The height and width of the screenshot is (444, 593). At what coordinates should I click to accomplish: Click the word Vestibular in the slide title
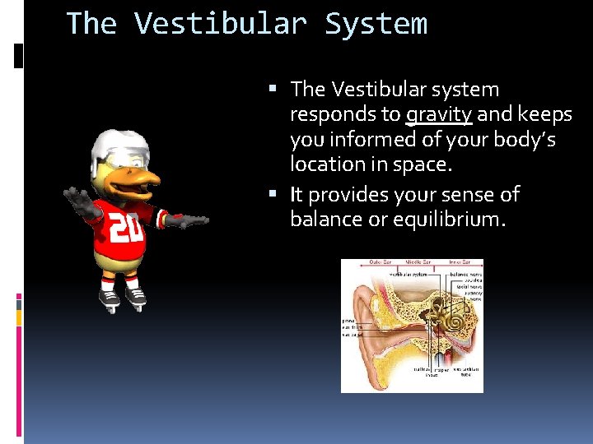point(222,23)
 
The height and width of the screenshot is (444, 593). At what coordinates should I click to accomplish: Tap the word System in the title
point(376,23)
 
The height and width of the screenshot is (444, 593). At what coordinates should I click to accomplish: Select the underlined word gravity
point(439,114)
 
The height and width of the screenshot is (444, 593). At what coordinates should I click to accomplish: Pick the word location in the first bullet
point(327,164)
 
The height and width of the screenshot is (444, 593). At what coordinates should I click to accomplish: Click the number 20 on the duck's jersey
point(126,229)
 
